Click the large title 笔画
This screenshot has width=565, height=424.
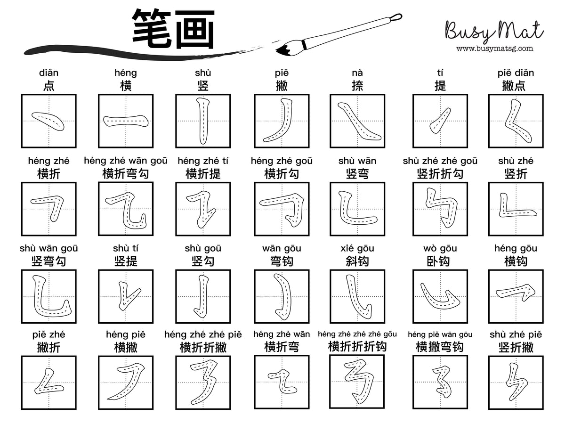(x=173, y=29)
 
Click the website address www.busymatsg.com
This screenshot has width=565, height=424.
(x=494, y=48)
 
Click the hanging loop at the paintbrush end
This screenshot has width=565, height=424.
(x=396, y=17)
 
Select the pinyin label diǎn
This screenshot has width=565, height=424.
(x=49, y=73)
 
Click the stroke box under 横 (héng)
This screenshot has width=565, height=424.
(x=126, y=121)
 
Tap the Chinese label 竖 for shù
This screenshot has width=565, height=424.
(x=203, y=86)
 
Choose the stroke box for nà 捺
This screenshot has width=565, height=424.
(x=357, y=121)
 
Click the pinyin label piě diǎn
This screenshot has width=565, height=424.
(x=516, y=73)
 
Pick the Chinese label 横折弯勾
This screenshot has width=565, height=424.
(x=126, y=174)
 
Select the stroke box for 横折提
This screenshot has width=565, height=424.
(x=203, y=209)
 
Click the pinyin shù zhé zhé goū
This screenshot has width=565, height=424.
(x=440, y=161)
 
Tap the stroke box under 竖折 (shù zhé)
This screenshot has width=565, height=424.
(x=516, y=209)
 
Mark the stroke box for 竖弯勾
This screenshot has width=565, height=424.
(x=49, y=296)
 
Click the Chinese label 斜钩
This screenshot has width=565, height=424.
(x=357, y=261)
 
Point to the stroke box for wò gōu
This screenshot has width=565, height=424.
(x=440, y=296)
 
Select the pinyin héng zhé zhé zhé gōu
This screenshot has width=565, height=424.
(x=357, y=334)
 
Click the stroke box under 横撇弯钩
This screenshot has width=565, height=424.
(x=440, y=382)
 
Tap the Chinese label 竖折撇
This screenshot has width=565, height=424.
(x=516, y=348)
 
